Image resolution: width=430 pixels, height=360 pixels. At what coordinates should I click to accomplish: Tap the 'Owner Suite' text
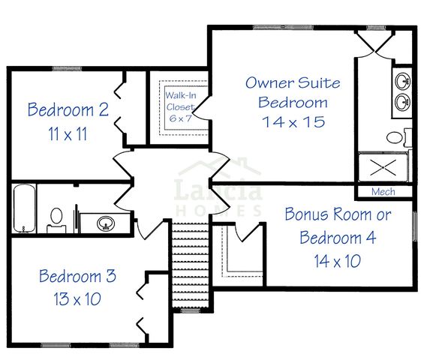[x=293, y=82]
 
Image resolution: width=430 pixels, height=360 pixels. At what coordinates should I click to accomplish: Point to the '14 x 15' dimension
[x=293, y=121]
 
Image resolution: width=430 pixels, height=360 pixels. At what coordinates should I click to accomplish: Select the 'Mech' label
[x=383, y=192]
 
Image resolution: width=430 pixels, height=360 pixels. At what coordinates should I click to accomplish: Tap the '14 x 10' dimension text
[x=338, y=260]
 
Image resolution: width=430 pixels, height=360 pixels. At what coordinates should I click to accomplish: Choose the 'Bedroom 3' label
[x=77, y=276]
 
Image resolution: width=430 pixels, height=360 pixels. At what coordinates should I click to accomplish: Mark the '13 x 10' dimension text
[x=77, y=299]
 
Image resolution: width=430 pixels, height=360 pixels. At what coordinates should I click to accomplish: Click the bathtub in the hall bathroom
[x=23, y=208]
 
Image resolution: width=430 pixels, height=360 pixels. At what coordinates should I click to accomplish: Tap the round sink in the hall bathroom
[x=106, y=223]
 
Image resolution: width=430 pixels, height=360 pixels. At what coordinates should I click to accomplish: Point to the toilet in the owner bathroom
[x=397, y=137]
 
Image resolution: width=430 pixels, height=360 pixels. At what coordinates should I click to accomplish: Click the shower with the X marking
[x=383, y=168]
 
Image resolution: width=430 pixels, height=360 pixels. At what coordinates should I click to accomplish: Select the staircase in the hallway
[x=189, y=255]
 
